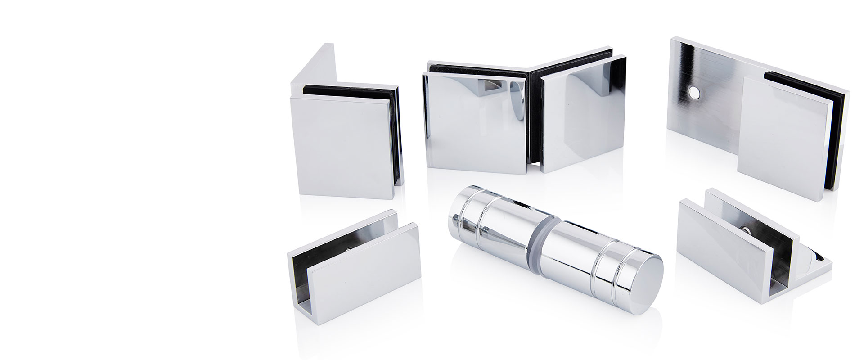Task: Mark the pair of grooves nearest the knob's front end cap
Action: (x=607, y=273)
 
